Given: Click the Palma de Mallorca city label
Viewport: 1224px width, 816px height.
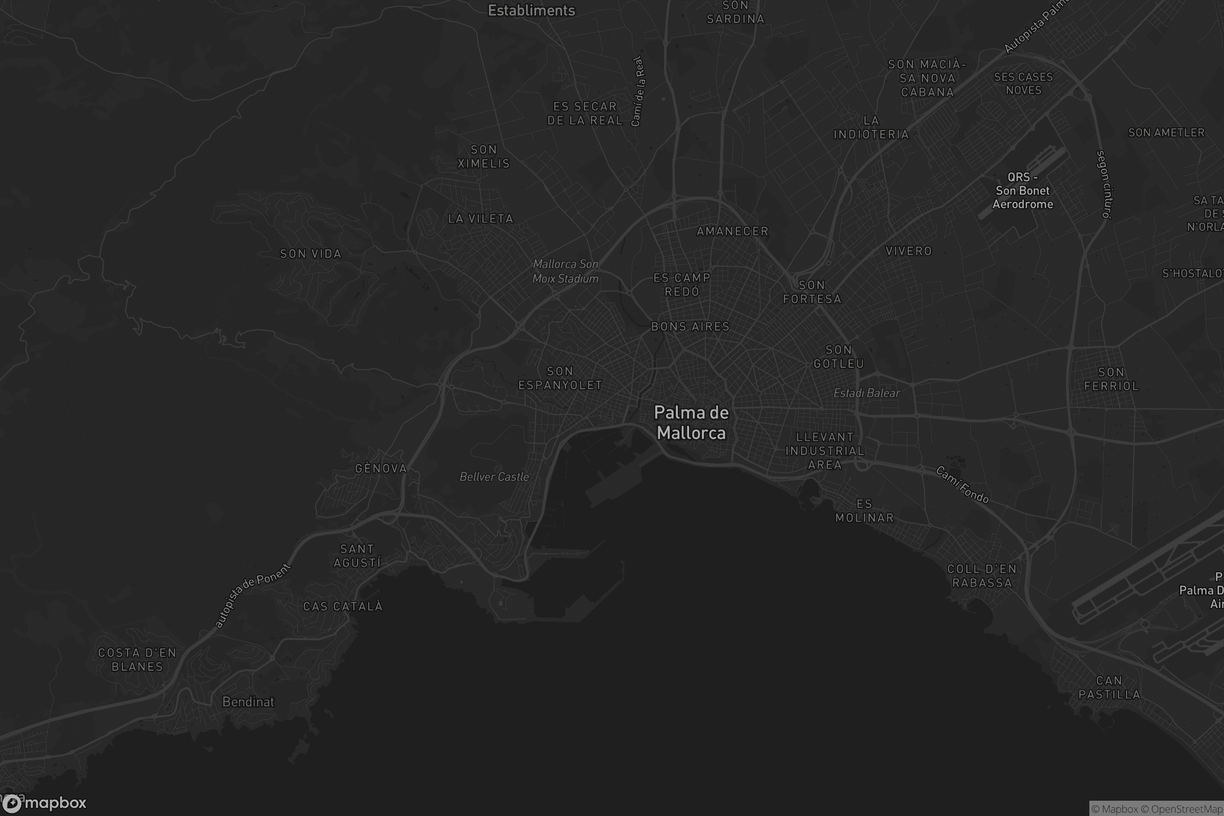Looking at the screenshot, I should (691, 423).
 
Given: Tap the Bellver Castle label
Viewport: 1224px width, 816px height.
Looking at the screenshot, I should (494, 477).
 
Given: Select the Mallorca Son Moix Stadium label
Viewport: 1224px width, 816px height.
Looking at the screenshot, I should (565, 271).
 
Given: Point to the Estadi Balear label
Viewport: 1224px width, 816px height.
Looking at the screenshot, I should (866, 393).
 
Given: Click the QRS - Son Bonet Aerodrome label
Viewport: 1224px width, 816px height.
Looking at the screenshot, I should (1022, 190).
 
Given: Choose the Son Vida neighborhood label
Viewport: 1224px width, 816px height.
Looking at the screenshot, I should (311, 254).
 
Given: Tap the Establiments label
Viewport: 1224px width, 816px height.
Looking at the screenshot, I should (531, 10).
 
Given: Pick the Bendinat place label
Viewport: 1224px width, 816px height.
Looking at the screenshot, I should (248, 702).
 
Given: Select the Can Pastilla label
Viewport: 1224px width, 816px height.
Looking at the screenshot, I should (1109, 687).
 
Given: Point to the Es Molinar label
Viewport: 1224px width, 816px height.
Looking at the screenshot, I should (864, 511).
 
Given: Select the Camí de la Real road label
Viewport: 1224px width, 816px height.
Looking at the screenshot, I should (638, 91).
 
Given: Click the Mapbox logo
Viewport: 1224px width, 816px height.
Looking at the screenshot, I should (44, 803).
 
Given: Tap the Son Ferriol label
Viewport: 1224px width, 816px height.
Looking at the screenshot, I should (1111, 379).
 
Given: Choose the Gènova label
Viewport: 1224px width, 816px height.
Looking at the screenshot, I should (381, 468).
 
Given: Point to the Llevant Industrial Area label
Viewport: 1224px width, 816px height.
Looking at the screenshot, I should (825, 451).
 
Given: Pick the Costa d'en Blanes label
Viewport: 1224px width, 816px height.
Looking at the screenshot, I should (137, 659).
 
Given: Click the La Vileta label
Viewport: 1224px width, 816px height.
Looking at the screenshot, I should (480, 219).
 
